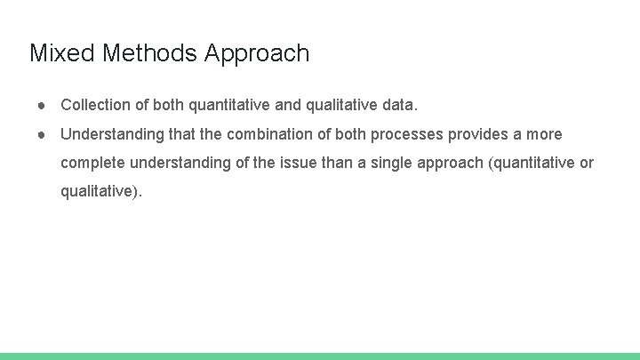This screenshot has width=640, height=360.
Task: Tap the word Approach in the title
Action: (257, 54)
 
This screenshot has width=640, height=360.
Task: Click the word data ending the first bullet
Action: (397, 105)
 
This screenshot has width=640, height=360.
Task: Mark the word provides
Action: (477, 134)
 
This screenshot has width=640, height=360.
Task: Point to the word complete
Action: (92, 163)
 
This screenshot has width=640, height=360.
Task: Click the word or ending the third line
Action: (586, 163)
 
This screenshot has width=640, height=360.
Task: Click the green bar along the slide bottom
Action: (320, 356)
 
